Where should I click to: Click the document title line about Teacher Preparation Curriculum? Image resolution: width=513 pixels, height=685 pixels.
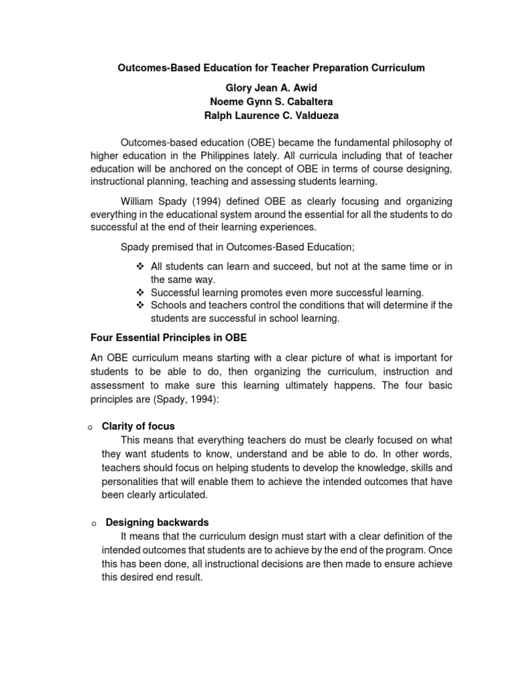[x=271, y=68]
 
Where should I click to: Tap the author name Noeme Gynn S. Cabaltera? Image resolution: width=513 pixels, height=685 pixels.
[x=271, y=101]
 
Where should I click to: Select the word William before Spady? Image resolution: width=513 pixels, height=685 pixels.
[x=139, y=201]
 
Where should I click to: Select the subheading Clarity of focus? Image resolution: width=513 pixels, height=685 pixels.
[x=138, y=426]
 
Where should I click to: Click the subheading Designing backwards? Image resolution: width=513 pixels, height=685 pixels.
[x=155, y=522]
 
